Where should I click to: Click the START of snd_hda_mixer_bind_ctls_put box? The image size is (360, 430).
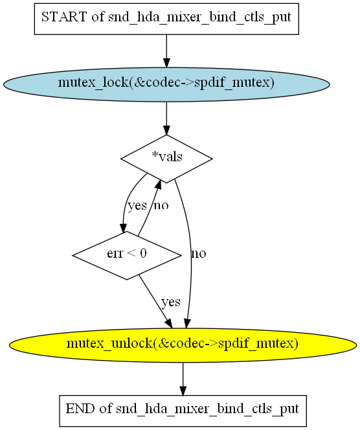point(166,19)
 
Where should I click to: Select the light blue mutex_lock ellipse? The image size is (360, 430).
point(166,84)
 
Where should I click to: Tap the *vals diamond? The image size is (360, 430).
point(166,159)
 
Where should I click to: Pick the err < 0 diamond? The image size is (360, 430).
point(127,256)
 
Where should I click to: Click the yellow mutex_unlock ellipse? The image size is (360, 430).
point(183,345)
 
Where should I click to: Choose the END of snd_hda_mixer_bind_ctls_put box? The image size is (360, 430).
point(183,411)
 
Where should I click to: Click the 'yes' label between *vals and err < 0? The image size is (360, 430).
point(137,205)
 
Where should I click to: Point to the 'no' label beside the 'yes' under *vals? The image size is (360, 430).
point(161,205)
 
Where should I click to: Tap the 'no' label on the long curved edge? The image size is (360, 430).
point(199,254)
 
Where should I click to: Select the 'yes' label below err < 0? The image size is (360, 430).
point(171,302)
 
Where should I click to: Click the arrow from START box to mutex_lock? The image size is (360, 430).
point(166,51)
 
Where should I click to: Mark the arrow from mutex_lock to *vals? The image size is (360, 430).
point(166,119)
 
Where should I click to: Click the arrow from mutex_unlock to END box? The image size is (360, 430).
point(183,379)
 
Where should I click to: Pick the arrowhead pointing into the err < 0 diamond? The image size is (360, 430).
point(124,227)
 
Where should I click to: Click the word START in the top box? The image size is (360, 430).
point(63,17)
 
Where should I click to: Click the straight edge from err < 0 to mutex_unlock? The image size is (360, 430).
point(156,301)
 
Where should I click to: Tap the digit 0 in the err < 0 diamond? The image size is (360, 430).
point(143,254)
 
